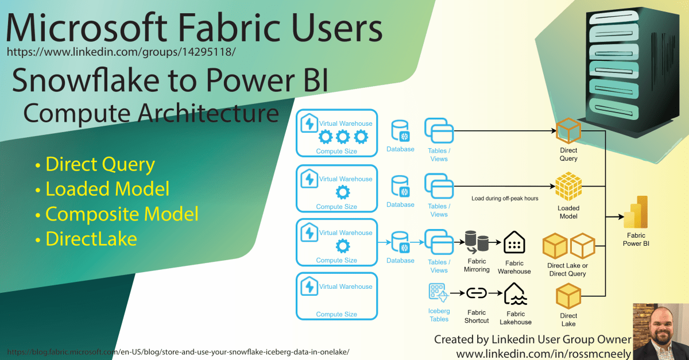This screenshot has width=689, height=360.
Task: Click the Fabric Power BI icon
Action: point(636,212)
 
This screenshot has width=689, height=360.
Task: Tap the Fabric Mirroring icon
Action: point(476,243)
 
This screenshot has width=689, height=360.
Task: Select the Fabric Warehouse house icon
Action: point(514,243)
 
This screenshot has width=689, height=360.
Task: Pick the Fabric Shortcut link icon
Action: point(476,293)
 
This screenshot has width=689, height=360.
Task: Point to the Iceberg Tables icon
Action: point(437,293)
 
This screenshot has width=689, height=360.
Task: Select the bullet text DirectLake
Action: point(91,238)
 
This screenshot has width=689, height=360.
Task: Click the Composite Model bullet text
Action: point(122,214)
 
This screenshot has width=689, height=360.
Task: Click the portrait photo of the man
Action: point(660,330)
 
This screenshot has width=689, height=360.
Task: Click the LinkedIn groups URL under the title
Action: point(121,52)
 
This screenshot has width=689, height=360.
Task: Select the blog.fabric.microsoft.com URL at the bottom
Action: point(177,351)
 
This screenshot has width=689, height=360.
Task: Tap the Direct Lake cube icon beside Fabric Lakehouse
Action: point(568,298)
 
